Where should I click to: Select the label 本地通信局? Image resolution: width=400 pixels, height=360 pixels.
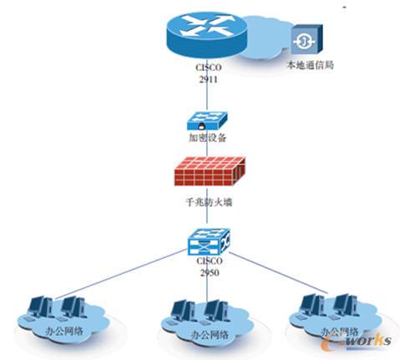(310, 64)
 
